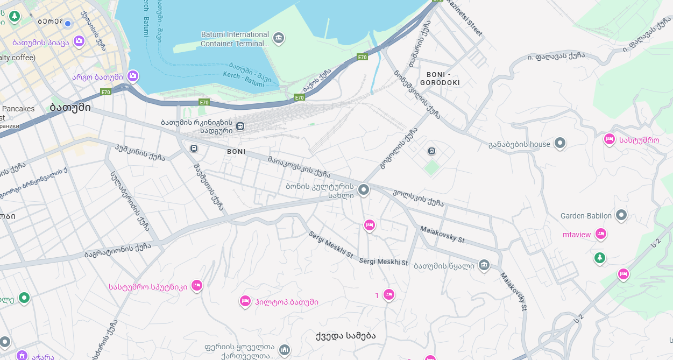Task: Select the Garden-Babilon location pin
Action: click(621, 215)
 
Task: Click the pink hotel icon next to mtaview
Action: click(601, 234)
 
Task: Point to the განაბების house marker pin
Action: click(560, 143)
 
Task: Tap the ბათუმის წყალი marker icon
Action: click(484, 265)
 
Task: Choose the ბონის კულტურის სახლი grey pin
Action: click(364, 189)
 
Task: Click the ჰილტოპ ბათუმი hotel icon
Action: click(245, 301)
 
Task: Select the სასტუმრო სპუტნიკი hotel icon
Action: click(196, 285)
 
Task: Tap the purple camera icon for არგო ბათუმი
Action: click(133, 76)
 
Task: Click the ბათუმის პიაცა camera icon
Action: click(79, 41)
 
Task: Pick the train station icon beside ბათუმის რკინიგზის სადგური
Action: click(240, 126)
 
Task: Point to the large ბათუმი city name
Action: click(70, 107)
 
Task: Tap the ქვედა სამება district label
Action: click(346, 336)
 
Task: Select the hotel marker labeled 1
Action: click(388, 294)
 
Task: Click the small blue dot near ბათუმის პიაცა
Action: click(68, 23)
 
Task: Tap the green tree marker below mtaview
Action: click(599, 258)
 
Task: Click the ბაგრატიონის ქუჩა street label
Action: click(117, 250)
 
